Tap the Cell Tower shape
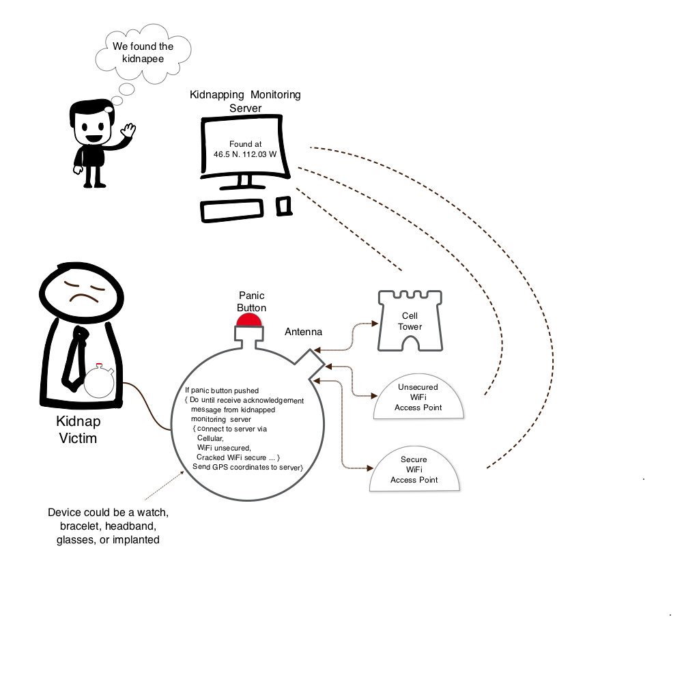(x=410, y=321)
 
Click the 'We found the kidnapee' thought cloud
(x=143, y=53)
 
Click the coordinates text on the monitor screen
(x=244, y=149)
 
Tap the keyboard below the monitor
(x=231, y=210)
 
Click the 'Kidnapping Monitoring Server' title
(x=245, y=101)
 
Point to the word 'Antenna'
(x=303, y=332)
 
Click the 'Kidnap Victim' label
(x=76, y=430)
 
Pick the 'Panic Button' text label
(x=251, y=301)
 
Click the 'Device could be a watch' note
(x=107, y=526)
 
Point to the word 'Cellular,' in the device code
(x=210, y=438)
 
